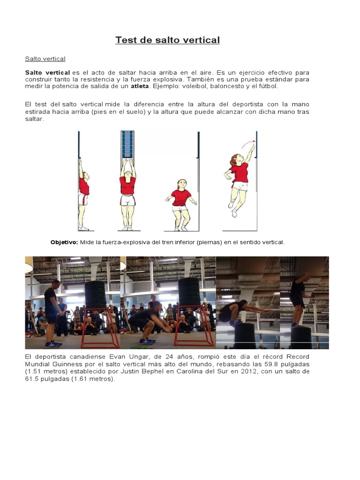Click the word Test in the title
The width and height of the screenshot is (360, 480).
pyautogui.click(x=127, y=40)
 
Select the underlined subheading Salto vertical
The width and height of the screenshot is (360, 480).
pyautogui.click(x=45, y=59)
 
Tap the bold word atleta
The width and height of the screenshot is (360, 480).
pyautogui.click(x=139, y=86)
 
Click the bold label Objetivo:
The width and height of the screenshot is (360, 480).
pyautogui.click(x=64, y=242)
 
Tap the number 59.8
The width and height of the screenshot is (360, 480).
pyautogui.click(x=265, y=364)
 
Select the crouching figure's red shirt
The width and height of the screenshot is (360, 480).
pyautogui.click(x=181, y=197)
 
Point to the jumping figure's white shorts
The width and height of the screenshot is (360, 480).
pyautogui.click(x=240, y=186)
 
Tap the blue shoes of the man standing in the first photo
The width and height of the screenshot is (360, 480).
pyautogui.click(x=52, y=345)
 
